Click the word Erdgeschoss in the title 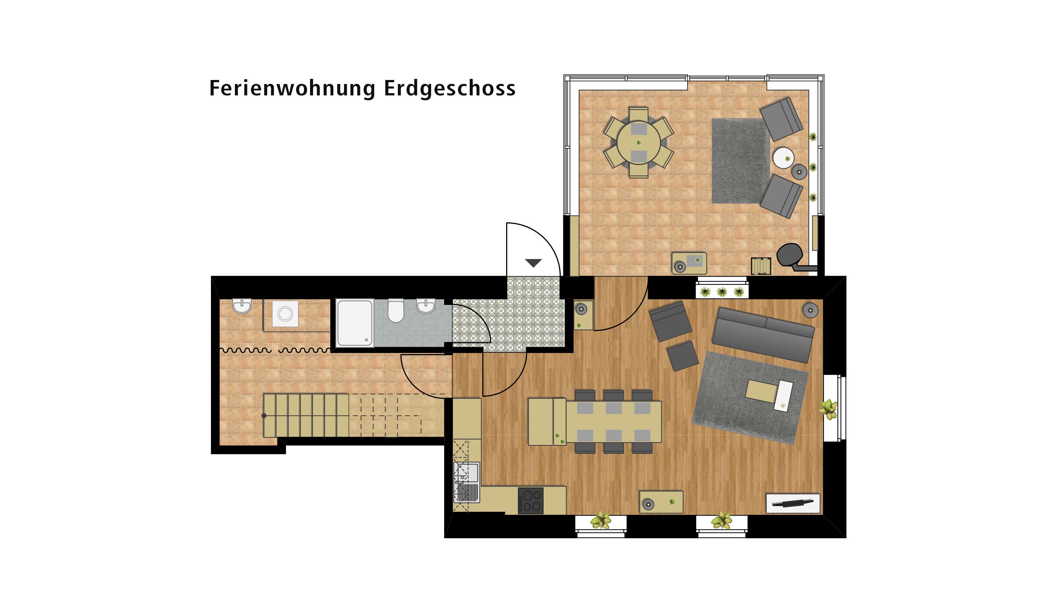point(450,89)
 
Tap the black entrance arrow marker point(534,263)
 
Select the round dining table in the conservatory point(638,142)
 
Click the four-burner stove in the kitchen point(531,500)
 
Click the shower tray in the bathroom point(355,323)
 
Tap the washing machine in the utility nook point(285,314)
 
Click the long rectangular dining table point(613,422)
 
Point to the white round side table point(784,158)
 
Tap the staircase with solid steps point(306,415)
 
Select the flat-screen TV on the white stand point(793,503)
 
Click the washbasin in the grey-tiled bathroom point(425,306)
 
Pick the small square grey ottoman point(682,356)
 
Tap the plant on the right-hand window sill point(828,409)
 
